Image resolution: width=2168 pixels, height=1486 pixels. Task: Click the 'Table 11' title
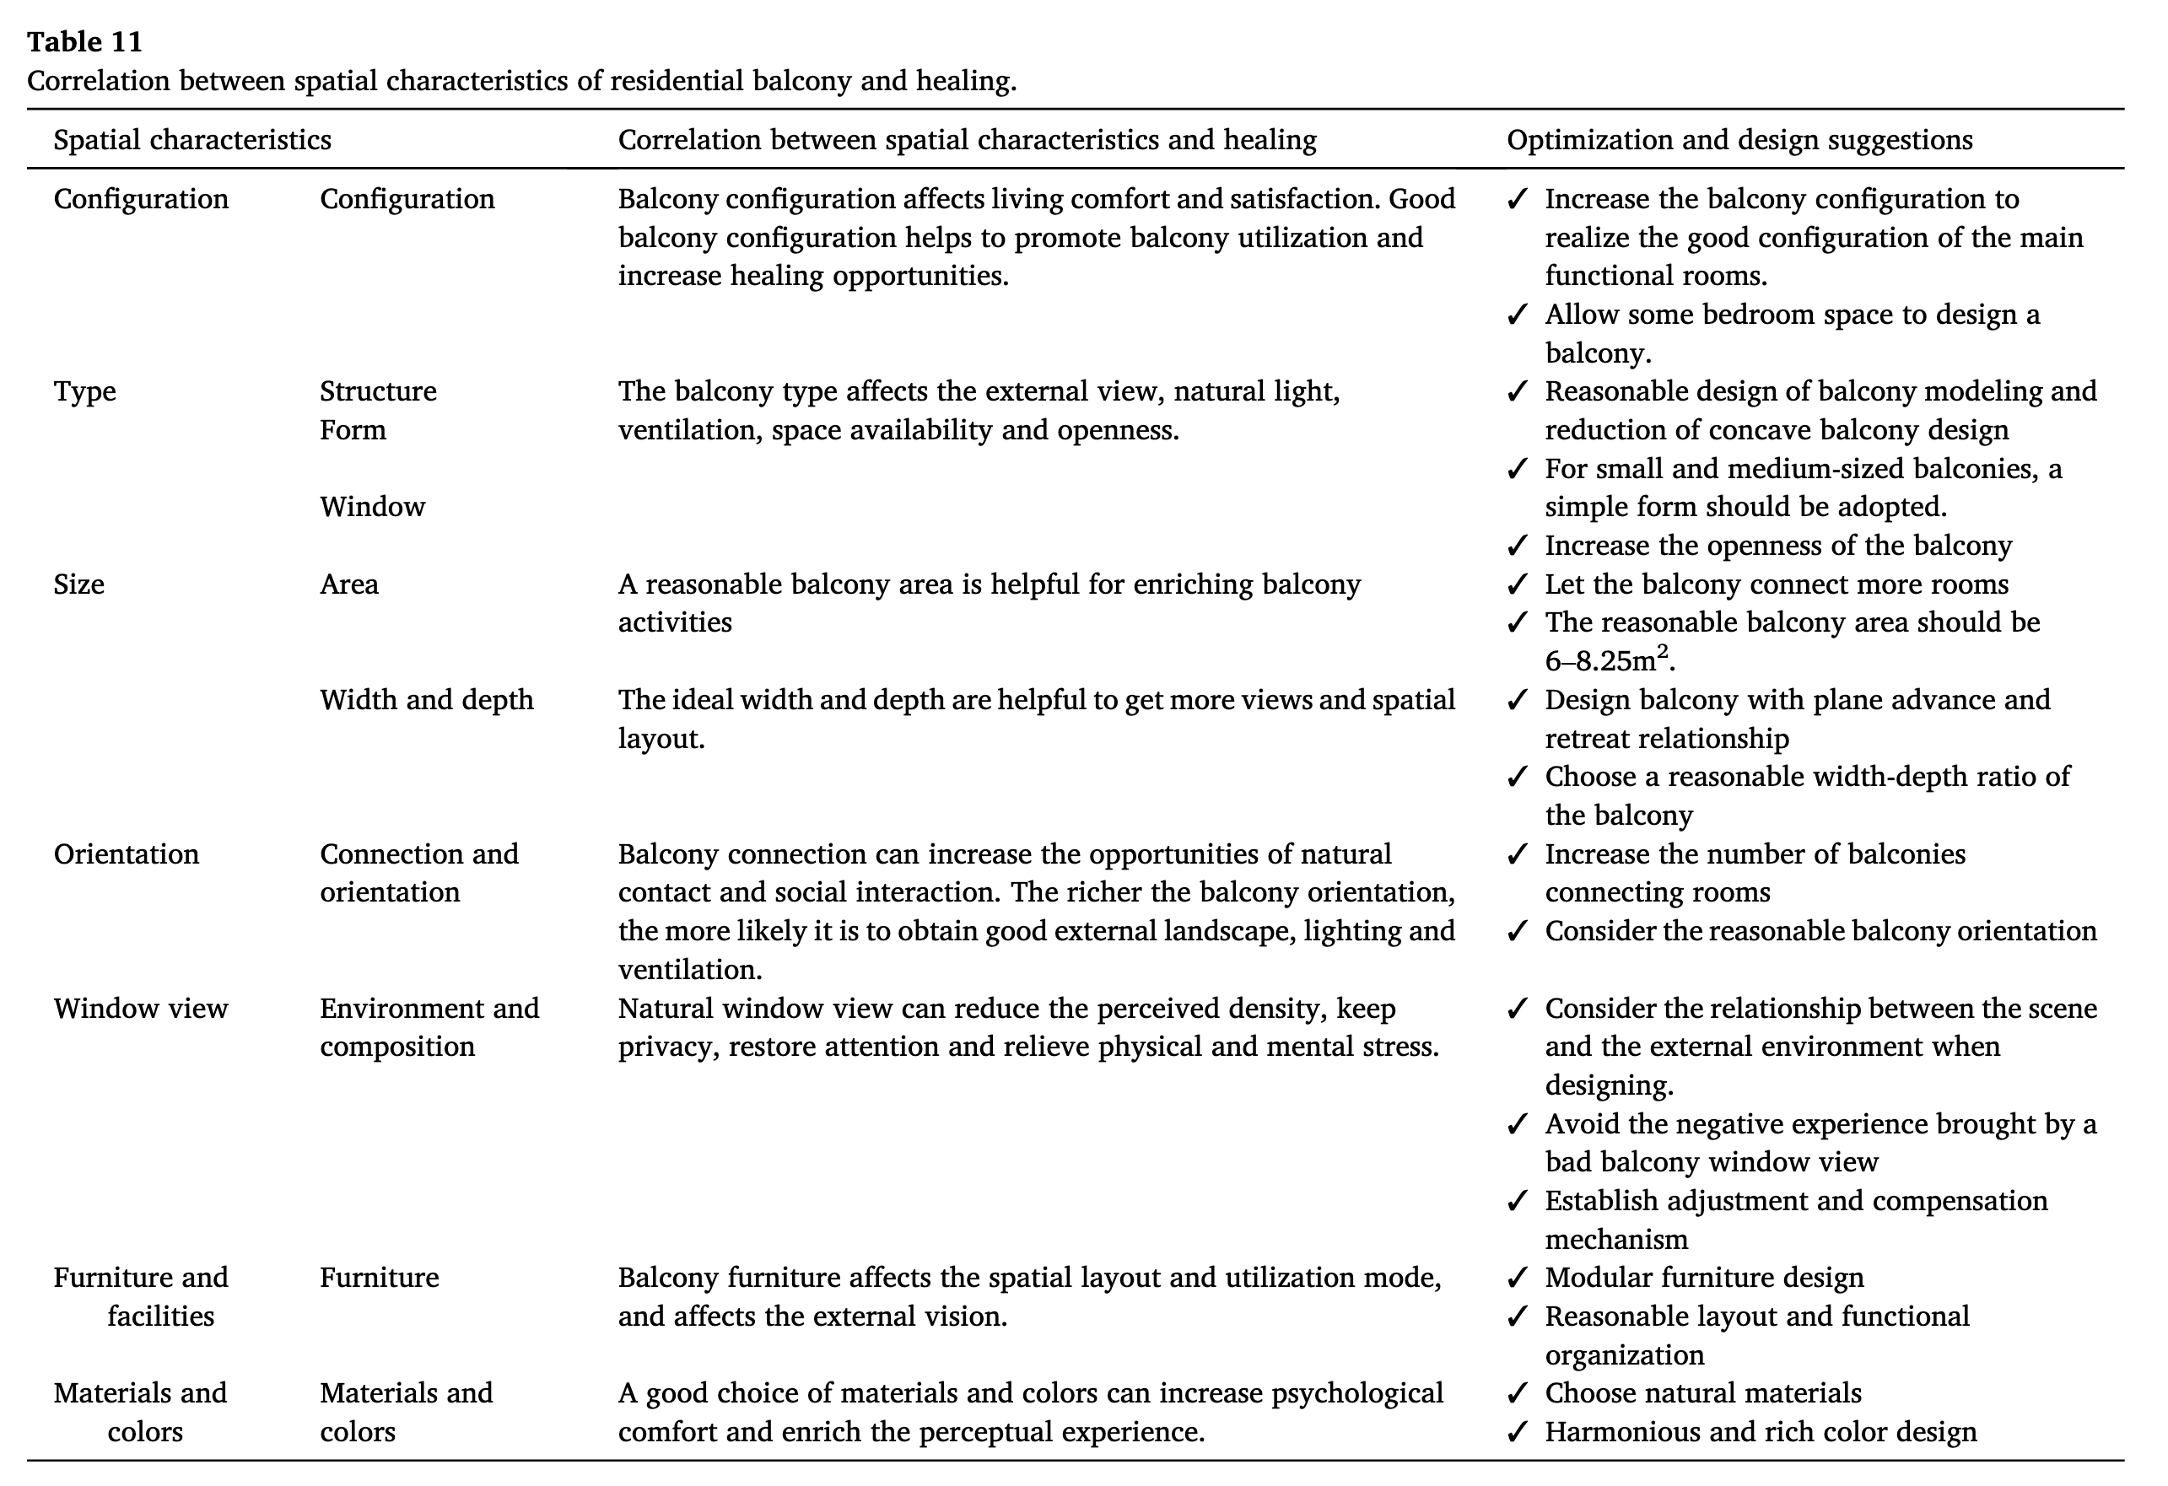pos(85,42)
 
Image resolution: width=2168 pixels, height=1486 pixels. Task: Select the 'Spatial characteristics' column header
pos(192,140)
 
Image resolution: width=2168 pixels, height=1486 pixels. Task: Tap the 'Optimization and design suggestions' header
pos(1739,140)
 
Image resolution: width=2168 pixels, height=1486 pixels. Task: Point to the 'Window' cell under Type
pos(372,507)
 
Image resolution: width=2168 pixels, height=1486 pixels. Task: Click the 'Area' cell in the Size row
pos(349,584)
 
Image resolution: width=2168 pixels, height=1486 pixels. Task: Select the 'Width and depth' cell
pos(426,700)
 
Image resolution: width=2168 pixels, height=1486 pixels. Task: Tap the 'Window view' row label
pos(141,1009)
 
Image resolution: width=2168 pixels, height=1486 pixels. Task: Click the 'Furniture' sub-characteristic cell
pos(379,1277)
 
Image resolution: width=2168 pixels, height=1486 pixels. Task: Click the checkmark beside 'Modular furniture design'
pos(1518,1277)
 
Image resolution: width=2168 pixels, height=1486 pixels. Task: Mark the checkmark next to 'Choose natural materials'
pos(1518,1392)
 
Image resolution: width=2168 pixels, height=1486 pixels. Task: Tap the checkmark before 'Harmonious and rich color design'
pos(1518,1432)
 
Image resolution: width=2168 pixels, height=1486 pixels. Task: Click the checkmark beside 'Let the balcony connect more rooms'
pos(1518,584)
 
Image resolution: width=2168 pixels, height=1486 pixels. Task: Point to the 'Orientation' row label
pos(126,854)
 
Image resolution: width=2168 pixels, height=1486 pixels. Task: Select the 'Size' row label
pos(79,584)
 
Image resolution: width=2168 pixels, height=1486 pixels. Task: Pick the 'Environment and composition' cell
pos(429,1027)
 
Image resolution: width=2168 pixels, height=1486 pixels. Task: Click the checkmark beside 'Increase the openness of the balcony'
pos(1518,546)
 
